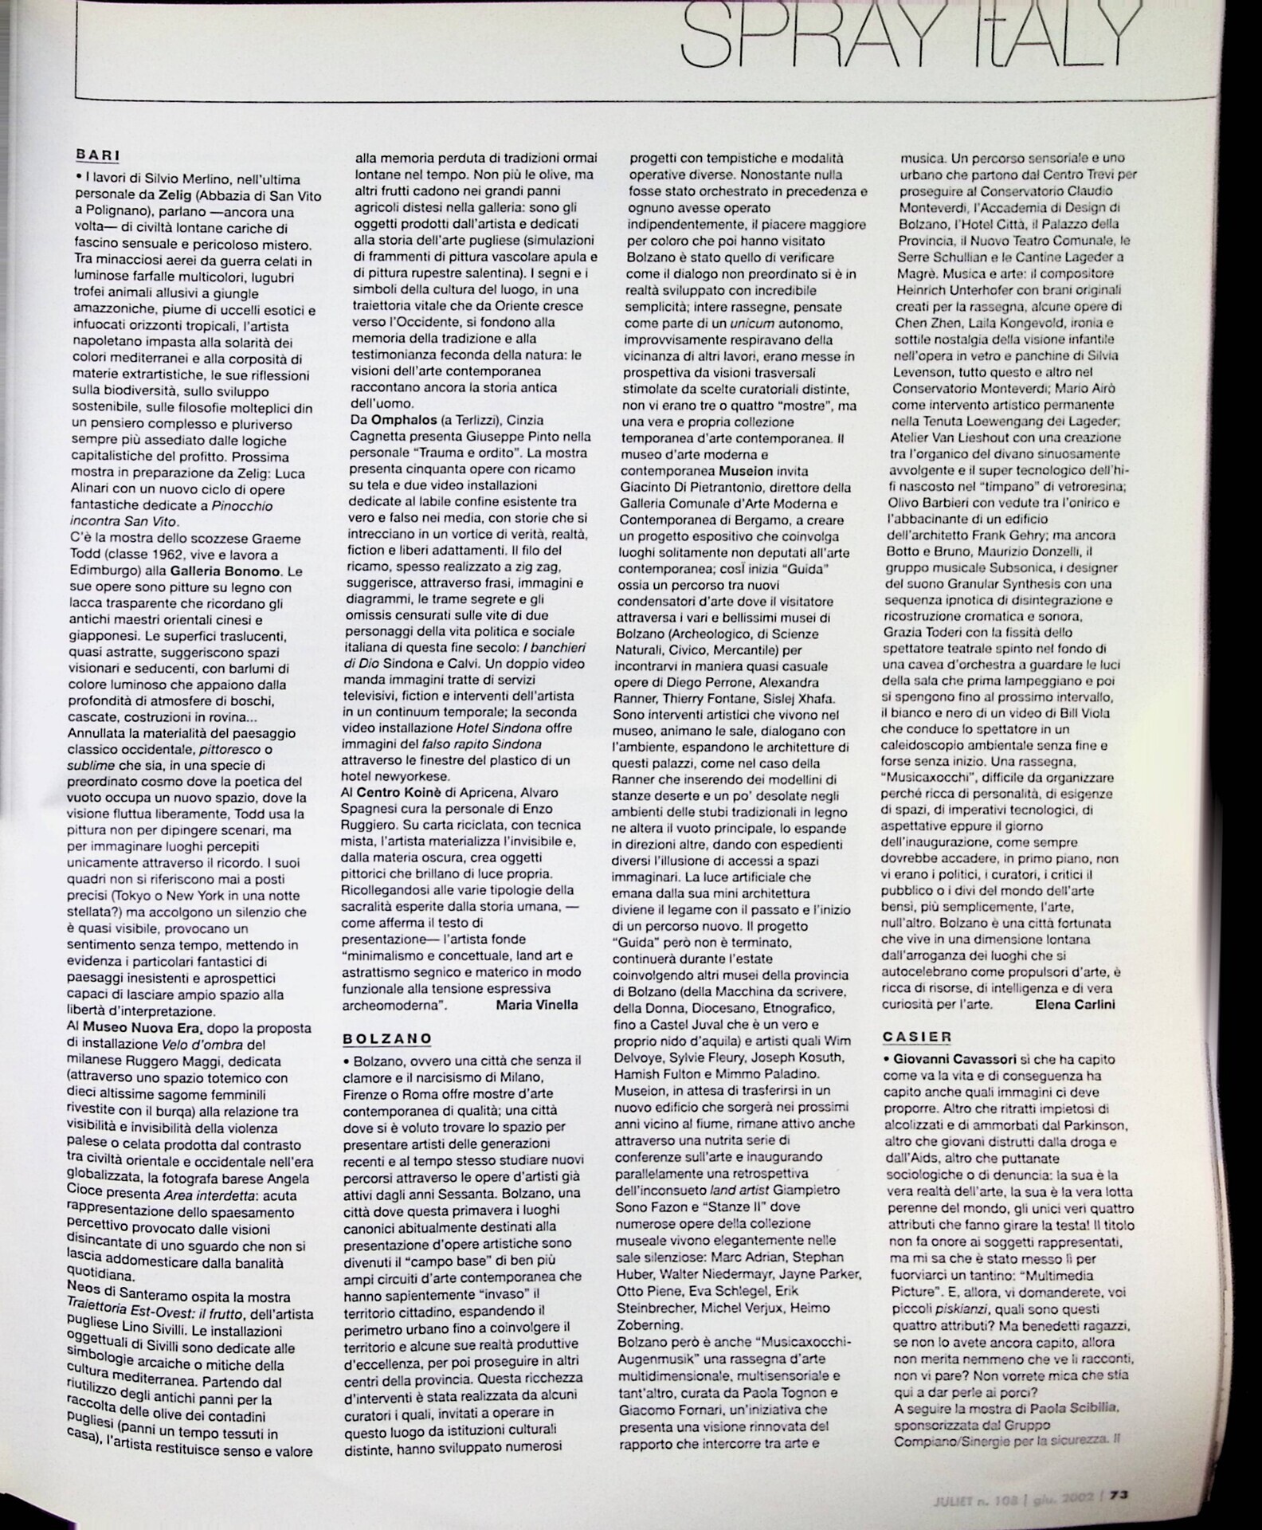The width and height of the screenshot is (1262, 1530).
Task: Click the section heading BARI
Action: click(97, 155)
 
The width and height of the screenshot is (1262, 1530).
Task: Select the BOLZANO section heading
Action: click(387, 1038)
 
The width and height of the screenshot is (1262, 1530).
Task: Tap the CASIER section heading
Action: click(917, 1037)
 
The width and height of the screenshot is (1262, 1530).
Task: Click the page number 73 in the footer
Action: click(1119, 1495)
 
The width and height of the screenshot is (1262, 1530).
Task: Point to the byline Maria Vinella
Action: click(536, 1004)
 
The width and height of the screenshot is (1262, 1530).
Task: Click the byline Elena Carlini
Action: click(1075, 1004)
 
